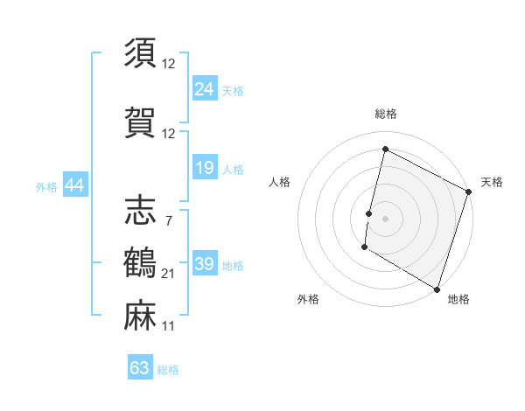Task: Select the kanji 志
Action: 141,211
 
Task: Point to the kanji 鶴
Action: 141,262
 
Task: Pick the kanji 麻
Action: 141,315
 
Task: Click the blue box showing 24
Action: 205,88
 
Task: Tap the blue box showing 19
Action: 205,168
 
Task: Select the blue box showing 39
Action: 205,264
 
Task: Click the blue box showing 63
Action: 140,368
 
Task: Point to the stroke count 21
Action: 169,275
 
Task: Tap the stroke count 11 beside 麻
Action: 169,326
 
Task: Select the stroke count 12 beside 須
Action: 169,64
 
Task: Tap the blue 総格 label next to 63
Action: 169,370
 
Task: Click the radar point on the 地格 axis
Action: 437,289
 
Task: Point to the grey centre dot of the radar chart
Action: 385,218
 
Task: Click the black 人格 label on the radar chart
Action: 280,182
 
